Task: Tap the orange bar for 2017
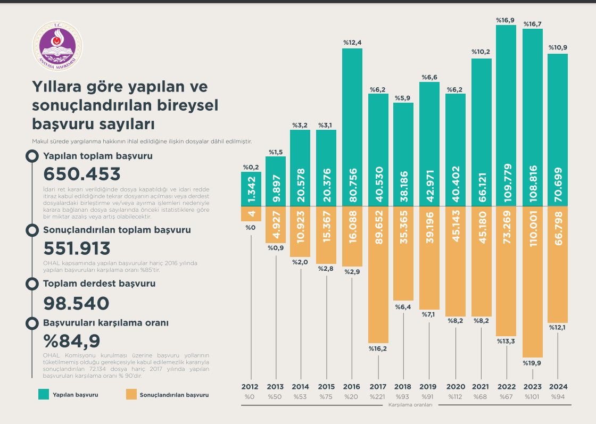pyautogui.click(x=378, y=274)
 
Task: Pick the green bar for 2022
pyautogui.click(x=506, y=115)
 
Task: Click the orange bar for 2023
pyautogui.click(x=532, y=281)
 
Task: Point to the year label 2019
pyautogui.click(x=429, y=387)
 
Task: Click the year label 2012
pyautogui.click(x=250, y=387)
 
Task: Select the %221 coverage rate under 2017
pyautogui.click(x=378, y=397)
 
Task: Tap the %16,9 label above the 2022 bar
pyautogui.click(x=506, y=20)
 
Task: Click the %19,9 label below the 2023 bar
pyautogui.click(x=532, y=363)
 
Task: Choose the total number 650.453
pyautogui.click(x=82, y=174)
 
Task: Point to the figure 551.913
pyautogui.click(x=77, y=248)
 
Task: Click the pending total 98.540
pyautogui.click(x=76, y=303)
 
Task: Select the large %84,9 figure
pyautogui.click(x=72, y=340)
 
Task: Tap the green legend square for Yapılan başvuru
pyautogui.click(x=44, y=395)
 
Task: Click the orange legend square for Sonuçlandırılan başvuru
pyautogui.click(x=131, y=395)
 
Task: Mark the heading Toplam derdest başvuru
pyautogui.click(x=99, y=284)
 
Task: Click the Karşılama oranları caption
pyautogui.click(x=410, y=405)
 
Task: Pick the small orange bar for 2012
pyautogui.click(x=250, y=213)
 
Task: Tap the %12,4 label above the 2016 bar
pyautogui.click(x=352, y=43)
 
